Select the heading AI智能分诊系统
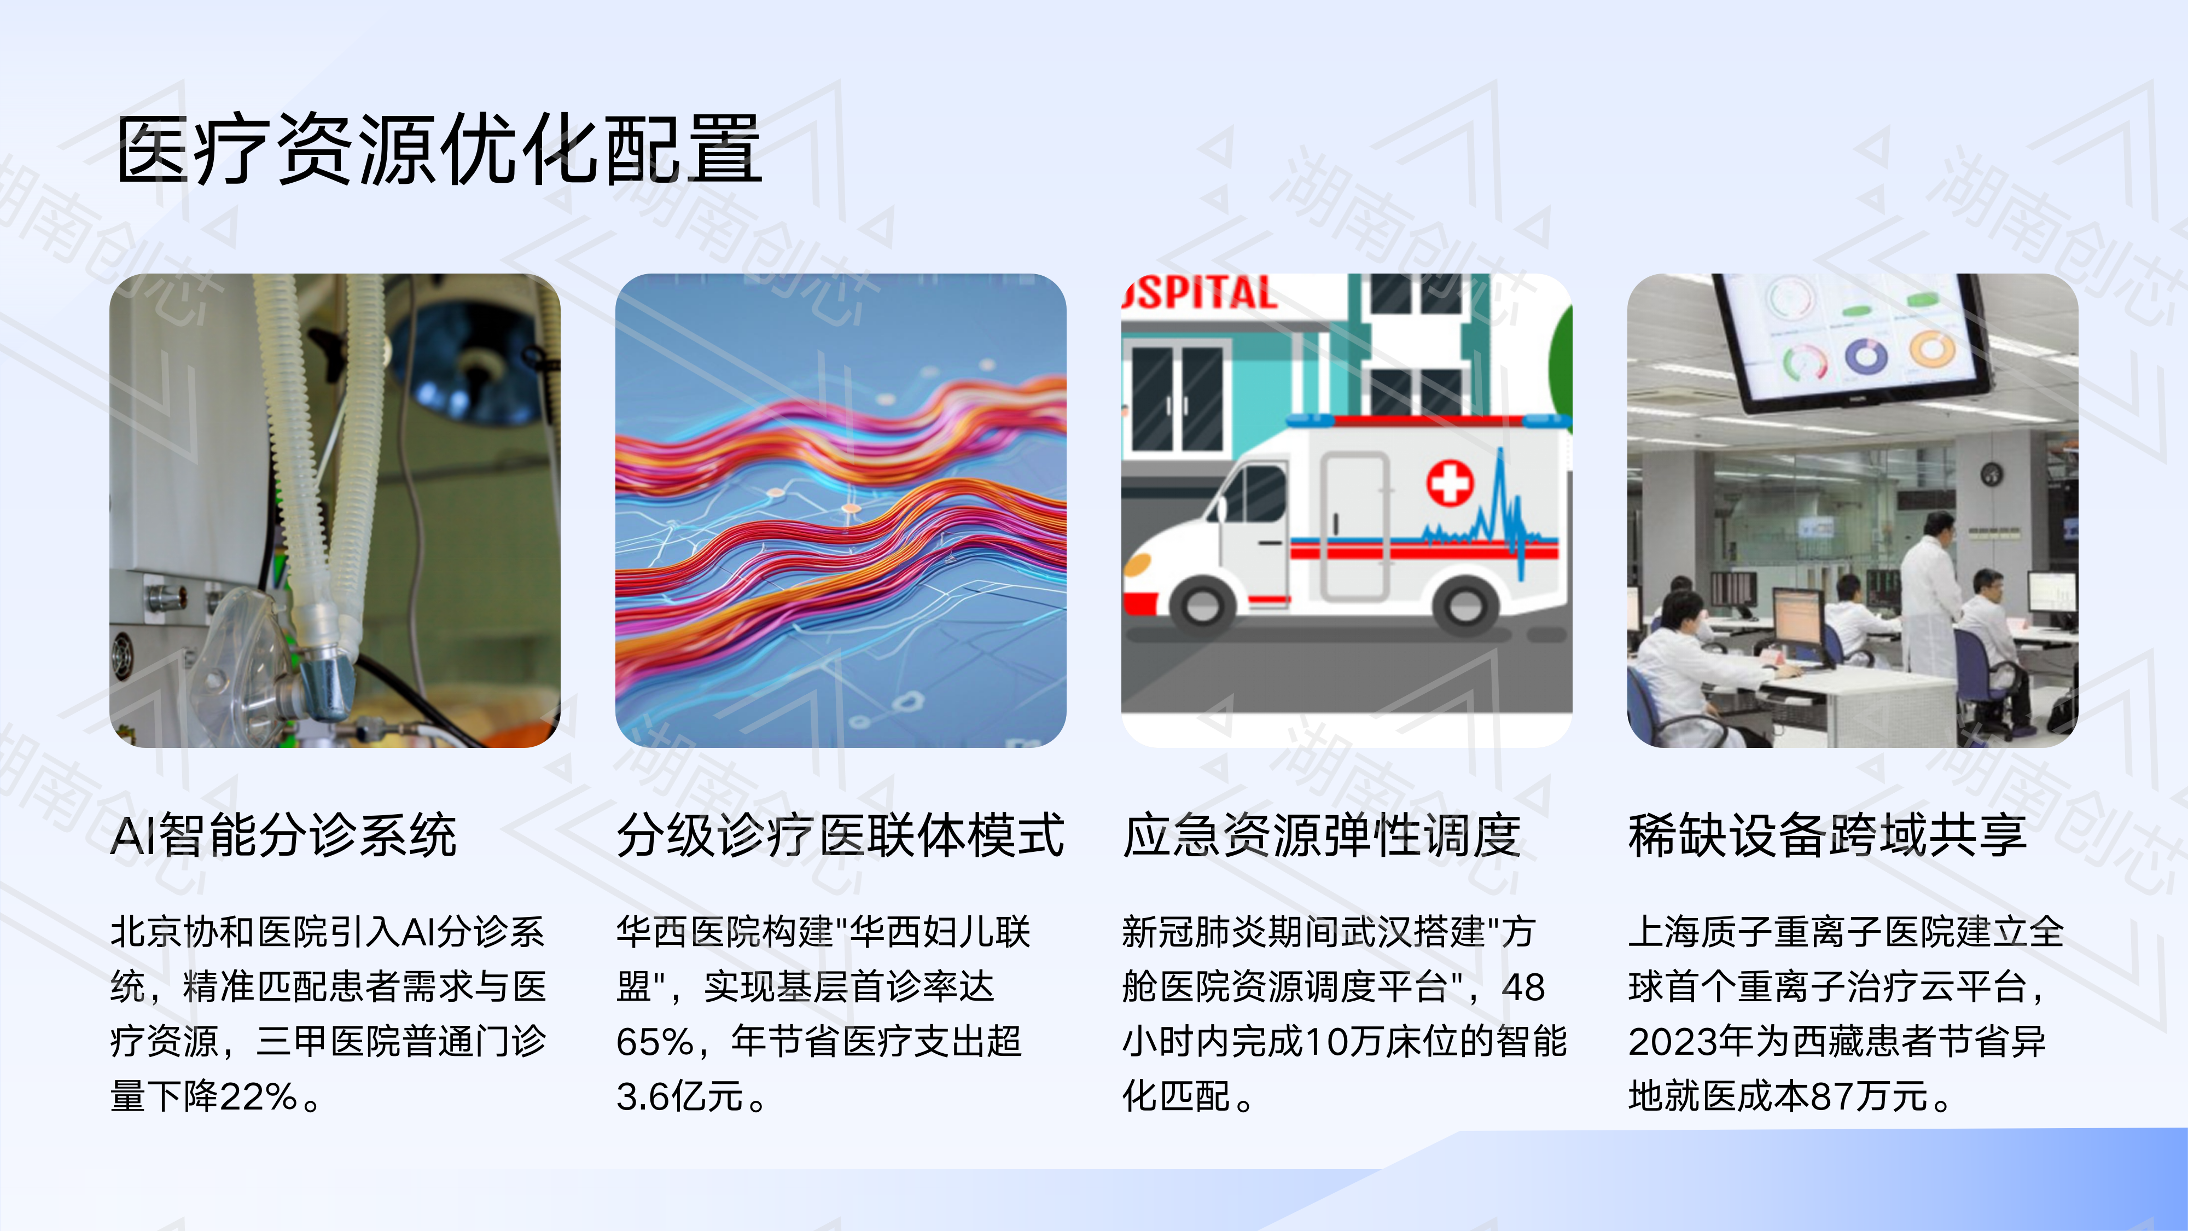284,835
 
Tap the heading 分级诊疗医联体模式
839,835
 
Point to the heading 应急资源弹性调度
1321,835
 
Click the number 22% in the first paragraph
257,1097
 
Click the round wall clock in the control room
1991,474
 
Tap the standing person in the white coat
1930,595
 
